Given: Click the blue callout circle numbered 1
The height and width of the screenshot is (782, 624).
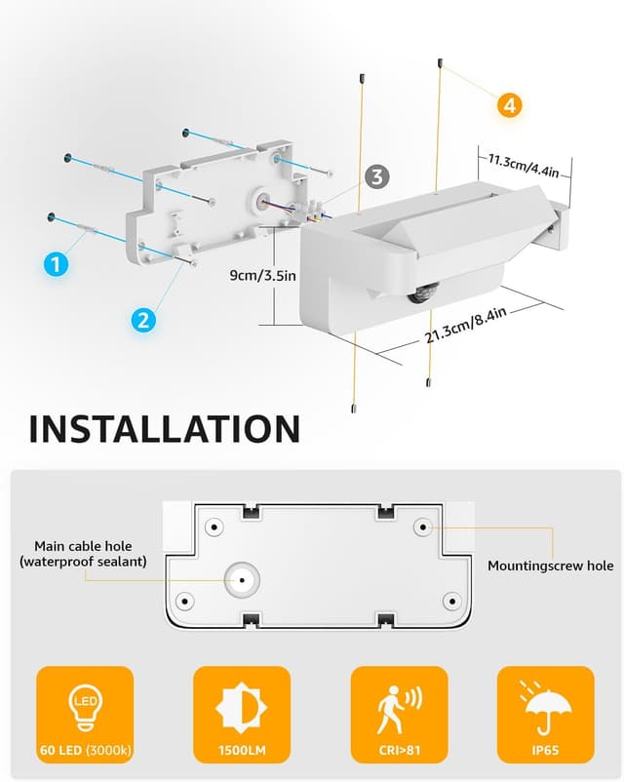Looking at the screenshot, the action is (56, 263).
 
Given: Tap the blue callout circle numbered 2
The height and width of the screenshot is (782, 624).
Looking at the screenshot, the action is (143, 319).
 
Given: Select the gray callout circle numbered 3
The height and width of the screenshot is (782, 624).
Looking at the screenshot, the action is (376, 176).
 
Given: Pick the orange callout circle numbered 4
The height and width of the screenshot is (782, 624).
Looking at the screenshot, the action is (509, 105).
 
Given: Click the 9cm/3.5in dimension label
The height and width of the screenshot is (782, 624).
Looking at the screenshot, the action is (262, 275).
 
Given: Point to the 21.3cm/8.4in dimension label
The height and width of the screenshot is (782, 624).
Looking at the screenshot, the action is (466, 325).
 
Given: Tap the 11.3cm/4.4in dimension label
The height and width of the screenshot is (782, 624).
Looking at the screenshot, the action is (524, 166).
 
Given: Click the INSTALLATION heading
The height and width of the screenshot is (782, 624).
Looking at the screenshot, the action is (165, 429).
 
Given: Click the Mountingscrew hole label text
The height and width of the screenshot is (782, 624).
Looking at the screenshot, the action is (550, 566).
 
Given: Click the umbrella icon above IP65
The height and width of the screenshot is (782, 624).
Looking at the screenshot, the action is (545, 708).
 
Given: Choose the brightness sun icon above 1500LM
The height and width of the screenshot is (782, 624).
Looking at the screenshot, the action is (242, 708).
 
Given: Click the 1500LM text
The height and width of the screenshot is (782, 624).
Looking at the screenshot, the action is (242, 750).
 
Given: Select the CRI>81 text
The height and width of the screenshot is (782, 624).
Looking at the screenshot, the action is (400, 750).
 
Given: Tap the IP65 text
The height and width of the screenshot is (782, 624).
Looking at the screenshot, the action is (545, 750).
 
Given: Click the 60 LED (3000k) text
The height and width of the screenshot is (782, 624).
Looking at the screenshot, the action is (85, 750).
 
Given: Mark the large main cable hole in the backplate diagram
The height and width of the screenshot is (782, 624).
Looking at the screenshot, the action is (242, 580).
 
